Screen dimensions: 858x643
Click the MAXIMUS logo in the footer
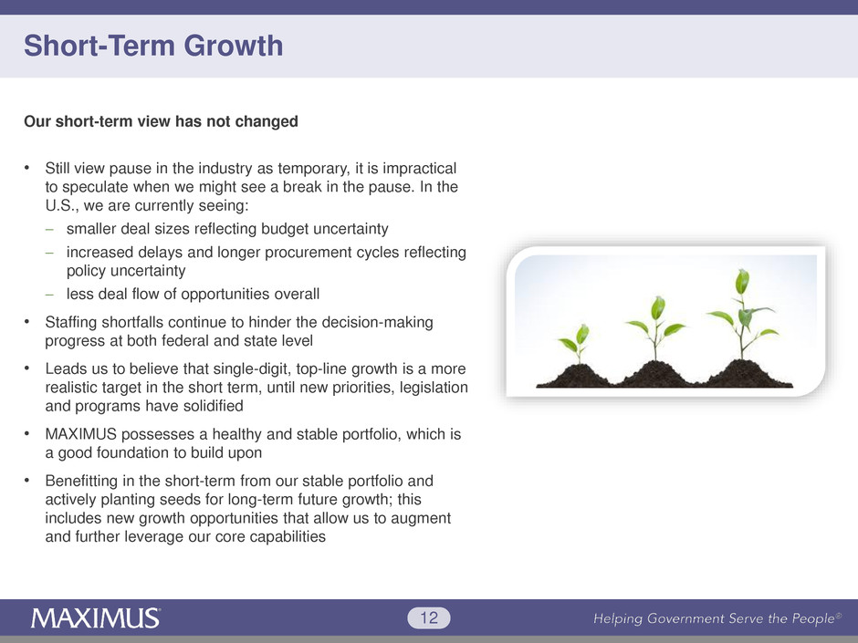96,618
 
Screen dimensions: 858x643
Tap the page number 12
429,617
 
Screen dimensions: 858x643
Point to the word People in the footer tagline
813,619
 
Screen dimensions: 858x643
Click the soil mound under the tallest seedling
747,374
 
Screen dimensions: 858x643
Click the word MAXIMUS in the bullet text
81,434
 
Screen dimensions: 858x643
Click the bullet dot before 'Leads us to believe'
26,368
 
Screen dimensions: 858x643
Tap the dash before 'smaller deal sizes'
50,229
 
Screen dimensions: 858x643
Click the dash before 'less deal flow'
50,295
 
